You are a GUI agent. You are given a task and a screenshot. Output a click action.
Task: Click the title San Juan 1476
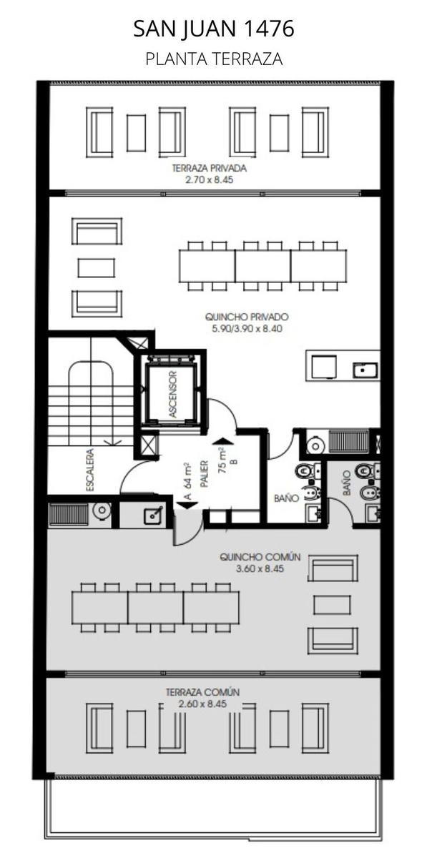(214, 29)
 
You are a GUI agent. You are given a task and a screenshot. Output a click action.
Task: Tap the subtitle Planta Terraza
(214, 59)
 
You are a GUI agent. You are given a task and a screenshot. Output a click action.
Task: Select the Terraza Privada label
(209, 168)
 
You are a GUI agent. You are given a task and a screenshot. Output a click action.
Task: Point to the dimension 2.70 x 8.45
(210, 179)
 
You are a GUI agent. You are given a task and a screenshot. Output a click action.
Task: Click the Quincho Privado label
(247, 317)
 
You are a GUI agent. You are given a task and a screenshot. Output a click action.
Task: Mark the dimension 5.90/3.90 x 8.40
(247, 328)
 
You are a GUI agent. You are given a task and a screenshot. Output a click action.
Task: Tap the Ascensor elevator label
(173, 394)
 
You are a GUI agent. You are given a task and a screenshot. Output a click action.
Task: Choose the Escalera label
(90, 470)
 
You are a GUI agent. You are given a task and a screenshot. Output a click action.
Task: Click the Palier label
(205, 473)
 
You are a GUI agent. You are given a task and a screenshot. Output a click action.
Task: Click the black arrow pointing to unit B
(220, 441)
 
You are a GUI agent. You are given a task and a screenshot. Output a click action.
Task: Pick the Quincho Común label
(260, 556)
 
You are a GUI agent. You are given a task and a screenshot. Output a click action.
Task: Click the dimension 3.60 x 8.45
(260, 568)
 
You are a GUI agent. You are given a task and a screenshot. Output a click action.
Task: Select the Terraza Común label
(202, 692)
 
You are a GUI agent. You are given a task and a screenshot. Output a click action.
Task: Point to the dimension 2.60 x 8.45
(202, 704)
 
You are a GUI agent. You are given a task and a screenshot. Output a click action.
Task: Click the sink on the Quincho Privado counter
(365, 370)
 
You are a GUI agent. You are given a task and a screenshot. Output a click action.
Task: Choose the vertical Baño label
(346, 483)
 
